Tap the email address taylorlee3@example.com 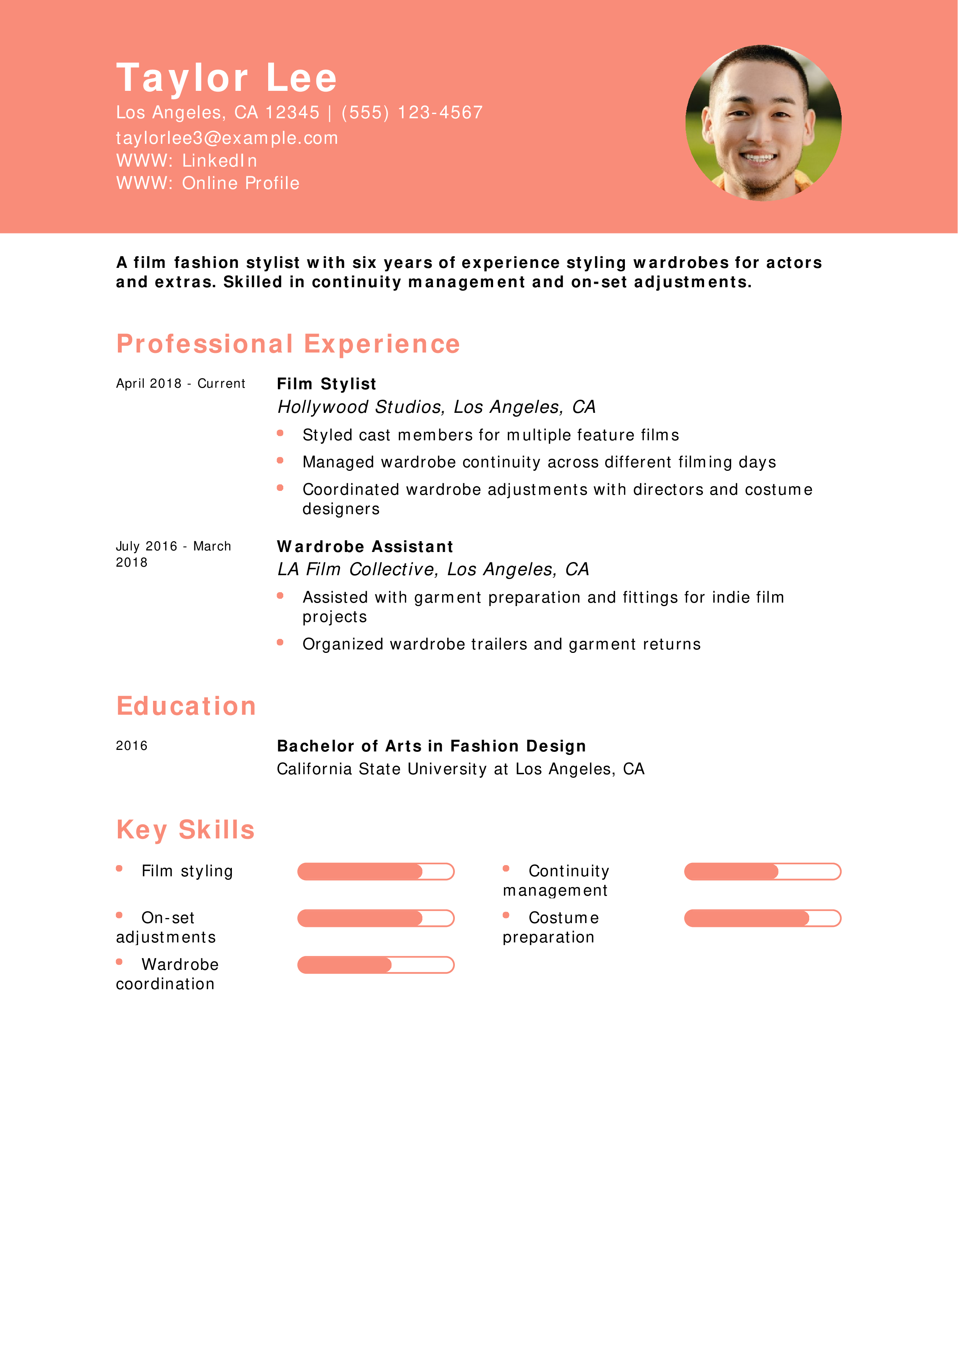pos(227,138)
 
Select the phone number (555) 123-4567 pos(412,112)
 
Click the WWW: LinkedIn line pos(187,161)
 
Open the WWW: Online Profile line pos(208,183)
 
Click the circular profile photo pos(763,123)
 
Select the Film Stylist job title pos(327,384)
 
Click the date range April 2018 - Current pos(180,384)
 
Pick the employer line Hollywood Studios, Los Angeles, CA pos(436,407)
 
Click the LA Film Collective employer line pos(433,569)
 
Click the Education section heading pos(186,706)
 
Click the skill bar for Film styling pos(375,872)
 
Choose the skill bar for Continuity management pos(762,872)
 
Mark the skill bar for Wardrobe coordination pos(375,965)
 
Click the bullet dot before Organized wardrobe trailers pos(280,642)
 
